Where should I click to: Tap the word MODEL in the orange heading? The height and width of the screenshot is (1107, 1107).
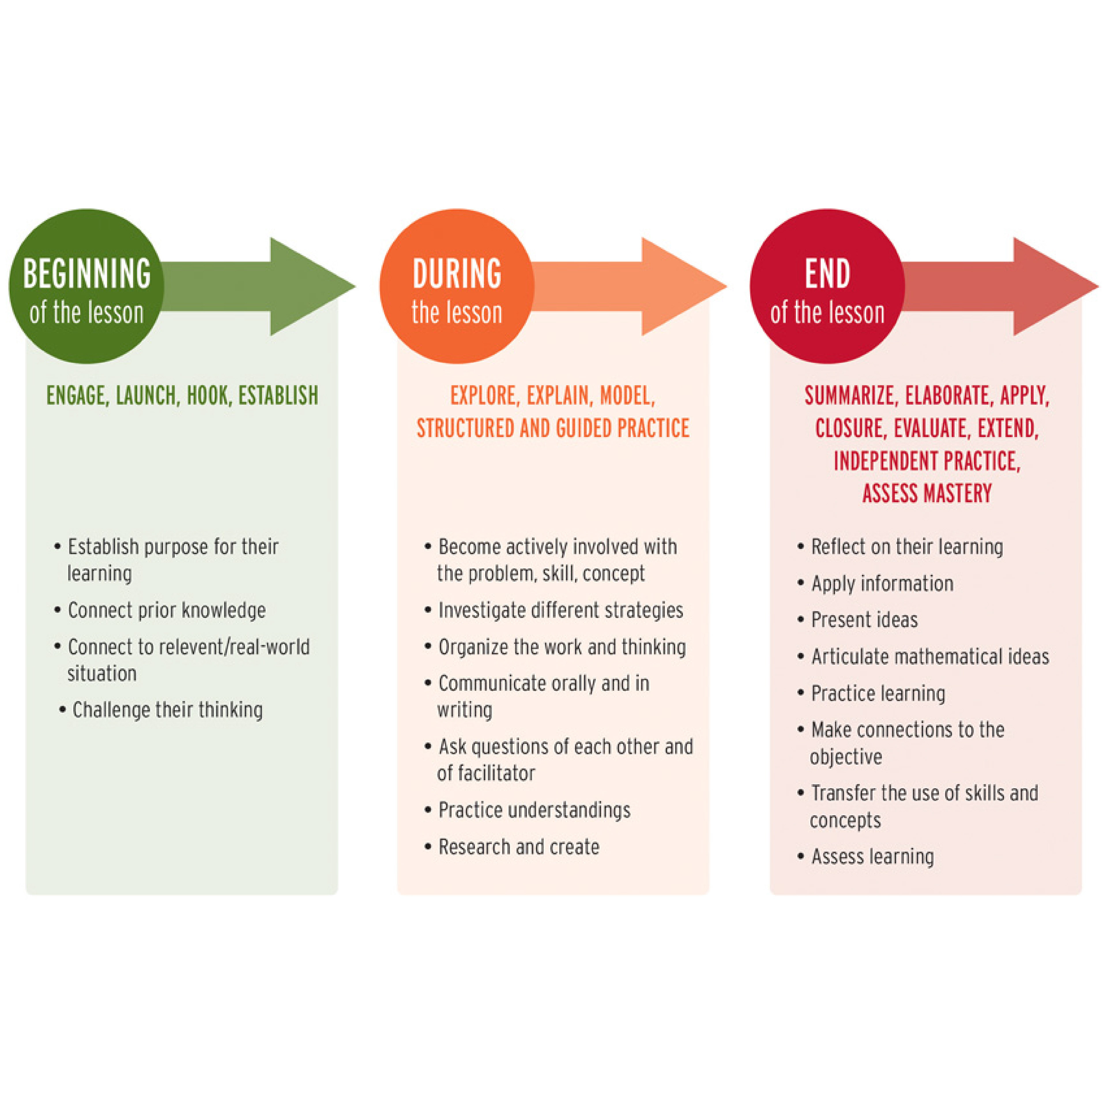[x=626, y=396]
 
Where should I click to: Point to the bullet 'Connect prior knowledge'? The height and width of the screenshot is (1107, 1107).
[x=166, y=610]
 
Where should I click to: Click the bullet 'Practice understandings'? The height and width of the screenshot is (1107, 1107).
[x=534, y=810]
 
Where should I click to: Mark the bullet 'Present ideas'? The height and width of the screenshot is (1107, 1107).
[x=864, y=620]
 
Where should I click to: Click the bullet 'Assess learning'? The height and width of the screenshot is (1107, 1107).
[x=872, y=856]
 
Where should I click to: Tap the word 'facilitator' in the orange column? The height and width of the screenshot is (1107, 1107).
[x=486, y=773]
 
